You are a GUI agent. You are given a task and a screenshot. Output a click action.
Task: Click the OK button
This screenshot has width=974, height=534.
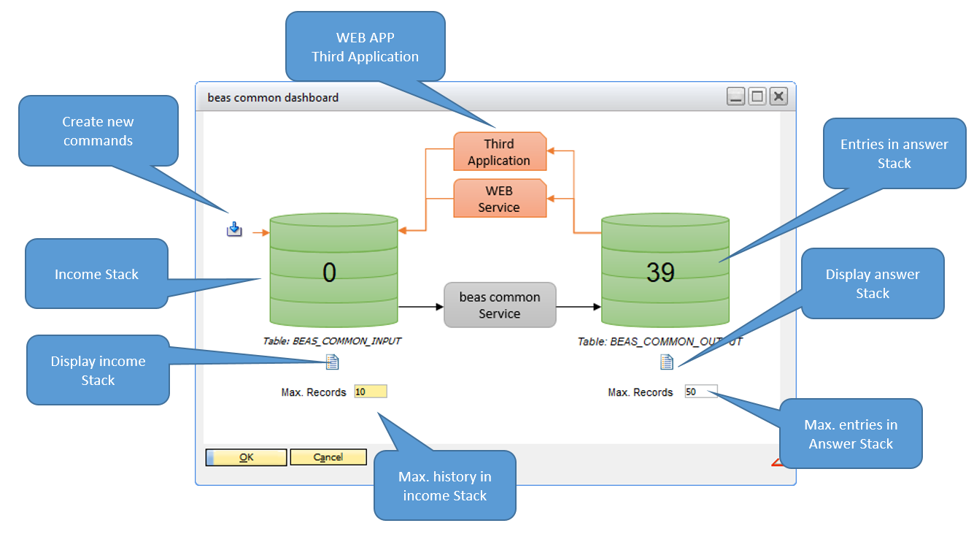tap(246, 457)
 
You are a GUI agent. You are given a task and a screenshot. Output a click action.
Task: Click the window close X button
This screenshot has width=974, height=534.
tap(778, 96)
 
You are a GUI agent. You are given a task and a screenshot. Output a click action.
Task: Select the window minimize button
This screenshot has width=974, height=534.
tap(736, 96)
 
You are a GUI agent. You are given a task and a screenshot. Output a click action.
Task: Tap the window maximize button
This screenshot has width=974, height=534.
tap(757, 96)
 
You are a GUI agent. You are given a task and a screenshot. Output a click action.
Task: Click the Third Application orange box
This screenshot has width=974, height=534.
tap(499, 153)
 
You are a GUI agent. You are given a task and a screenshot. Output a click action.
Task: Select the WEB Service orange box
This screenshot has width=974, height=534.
tap(499, 199)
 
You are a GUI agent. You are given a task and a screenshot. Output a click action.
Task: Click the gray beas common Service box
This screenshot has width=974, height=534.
tap(500, 305)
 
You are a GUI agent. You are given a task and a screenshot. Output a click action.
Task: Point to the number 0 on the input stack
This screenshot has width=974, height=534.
tap(330, 272)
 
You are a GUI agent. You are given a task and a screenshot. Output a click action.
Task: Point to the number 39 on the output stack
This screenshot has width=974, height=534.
tap(660, 272)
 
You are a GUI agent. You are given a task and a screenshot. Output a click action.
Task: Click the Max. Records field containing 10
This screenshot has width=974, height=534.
tap(370, 392)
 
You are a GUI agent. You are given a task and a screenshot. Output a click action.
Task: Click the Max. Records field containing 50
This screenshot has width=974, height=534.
tap(700, 392)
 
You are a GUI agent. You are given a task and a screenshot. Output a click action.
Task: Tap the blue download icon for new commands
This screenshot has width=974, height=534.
tap(233, 230)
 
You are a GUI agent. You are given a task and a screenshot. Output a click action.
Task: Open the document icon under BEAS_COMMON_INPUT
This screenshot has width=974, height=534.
tap(332, 362)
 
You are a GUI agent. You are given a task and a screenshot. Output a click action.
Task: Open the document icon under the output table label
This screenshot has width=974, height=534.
tap(666, 362)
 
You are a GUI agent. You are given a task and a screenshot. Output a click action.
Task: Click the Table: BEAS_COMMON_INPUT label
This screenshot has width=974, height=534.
tap(332, 341)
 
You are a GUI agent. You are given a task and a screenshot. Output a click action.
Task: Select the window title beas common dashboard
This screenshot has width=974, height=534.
tap(273, 97)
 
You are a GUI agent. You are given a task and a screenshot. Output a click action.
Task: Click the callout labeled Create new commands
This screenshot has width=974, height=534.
tap(98, 131)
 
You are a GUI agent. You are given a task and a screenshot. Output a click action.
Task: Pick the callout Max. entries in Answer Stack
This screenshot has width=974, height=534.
tap(851, 434)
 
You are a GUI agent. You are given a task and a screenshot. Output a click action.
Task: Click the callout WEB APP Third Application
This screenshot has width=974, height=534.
tap(365, 47)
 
